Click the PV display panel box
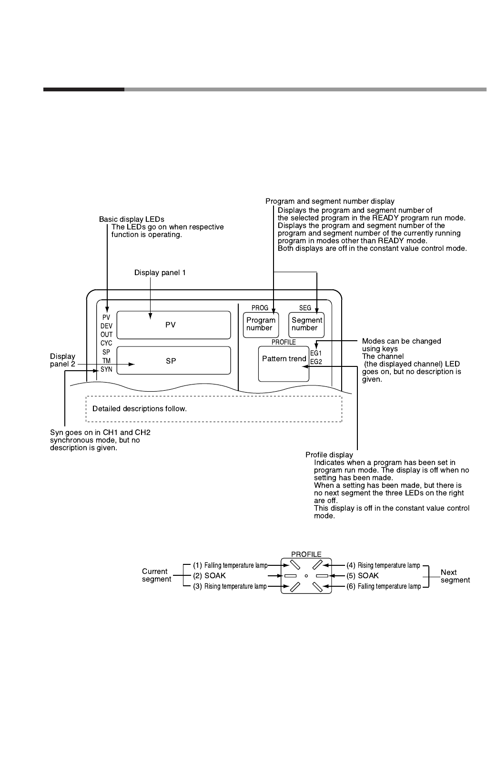(x=173, y=325)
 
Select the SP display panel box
(x=173, y=361)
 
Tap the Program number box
(x=260, y=324)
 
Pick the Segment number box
(x=307, y=324)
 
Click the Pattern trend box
(x=284, y=363)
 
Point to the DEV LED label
(x=106, y=326)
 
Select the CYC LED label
(x=106, y=343)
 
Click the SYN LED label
(x=106, y=369)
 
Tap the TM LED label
(x=106, y=361)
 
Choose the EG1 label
(x=316, y=354)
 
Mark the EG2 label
(x=316, y=362)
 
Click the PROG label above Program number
(x=260, y=308)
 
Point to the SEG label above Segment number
(x=305, y=308)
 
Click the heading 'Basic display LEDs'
(x=132, y=219)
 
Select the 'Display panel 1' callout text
(x=160, y=273)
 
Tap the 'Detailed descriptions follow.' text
(x=140, y=409)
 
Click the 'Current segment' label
(x=156, y=575)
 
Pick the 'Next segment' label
(x=455, y=576)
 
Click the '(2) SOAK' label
(x=209, y=576)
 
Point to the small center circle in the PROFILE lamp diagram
(x=306, y=576)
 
